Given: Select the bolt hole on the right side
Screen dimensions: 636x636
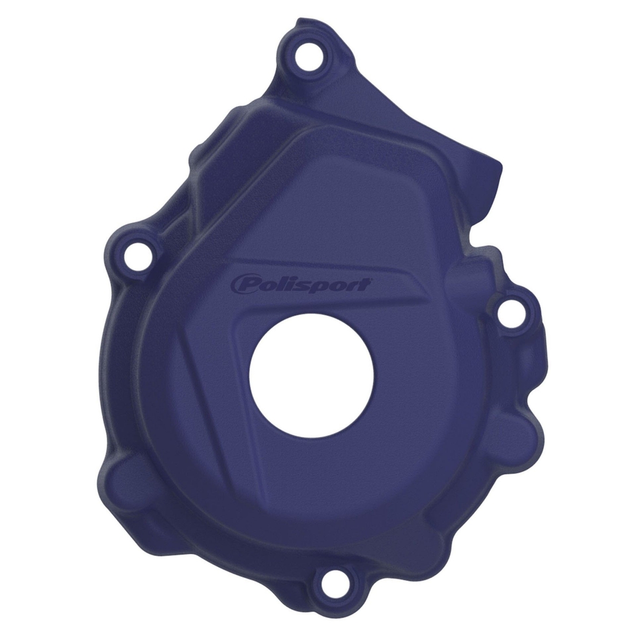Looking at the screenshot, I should click(509, 312).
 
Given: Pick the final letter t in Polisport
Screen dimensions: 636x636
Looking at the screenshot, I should click(364, 284).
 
